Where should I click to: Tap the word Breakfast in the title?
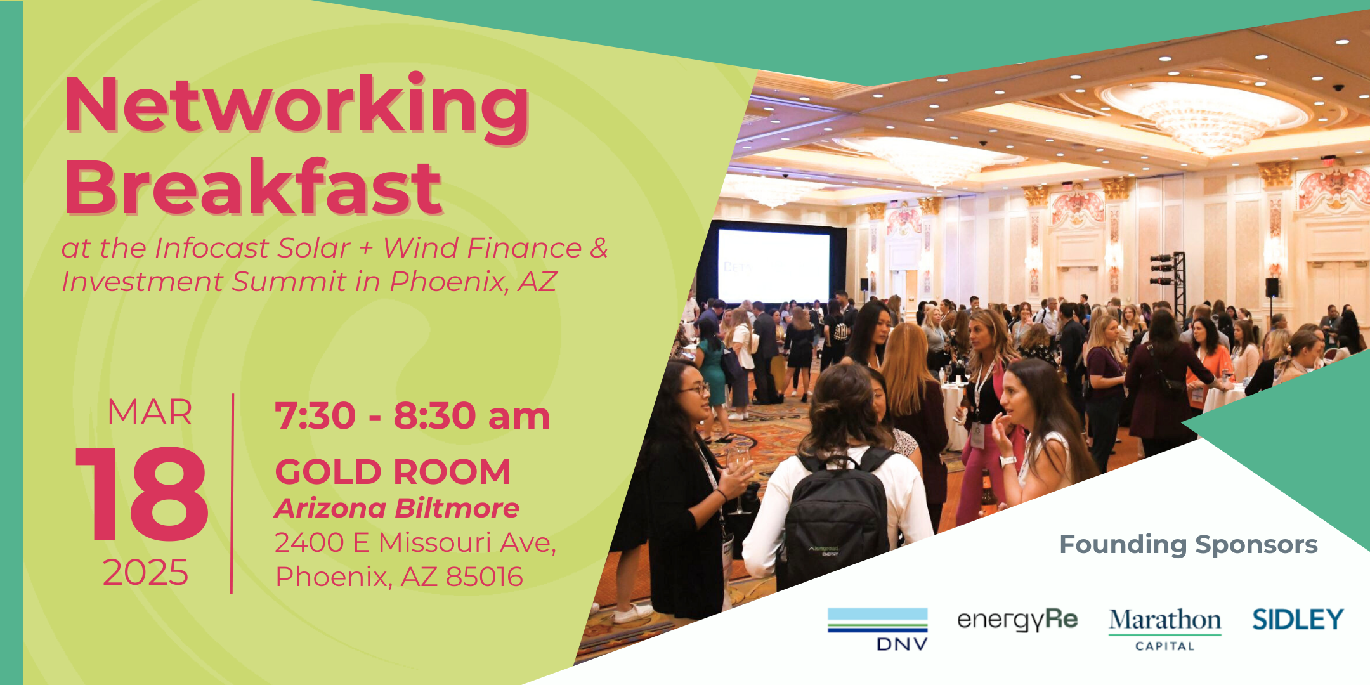pos(253,187)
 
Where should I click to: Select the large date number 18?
pos(143,494)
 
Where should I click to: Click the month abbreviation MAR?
pos(150,412)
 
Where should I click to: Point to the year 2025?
pos(145,573)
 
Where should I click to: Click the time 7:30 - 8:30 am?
pos(412,416)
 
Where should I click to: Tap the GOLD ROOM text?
pos(393,472)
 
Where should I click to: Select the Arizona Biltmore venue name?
pos(397,508)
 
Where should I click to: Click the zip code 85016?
pos(484,577)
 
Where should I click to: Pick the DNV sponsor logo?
pos(878,629)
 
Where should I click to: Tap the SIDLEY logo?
pos(1298,619)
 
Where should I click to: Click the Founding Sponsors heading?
pos(1189,544)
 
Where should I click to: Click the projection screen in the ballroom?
pos(773,265)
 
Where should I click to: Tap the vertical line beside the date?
pos(233,493)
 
